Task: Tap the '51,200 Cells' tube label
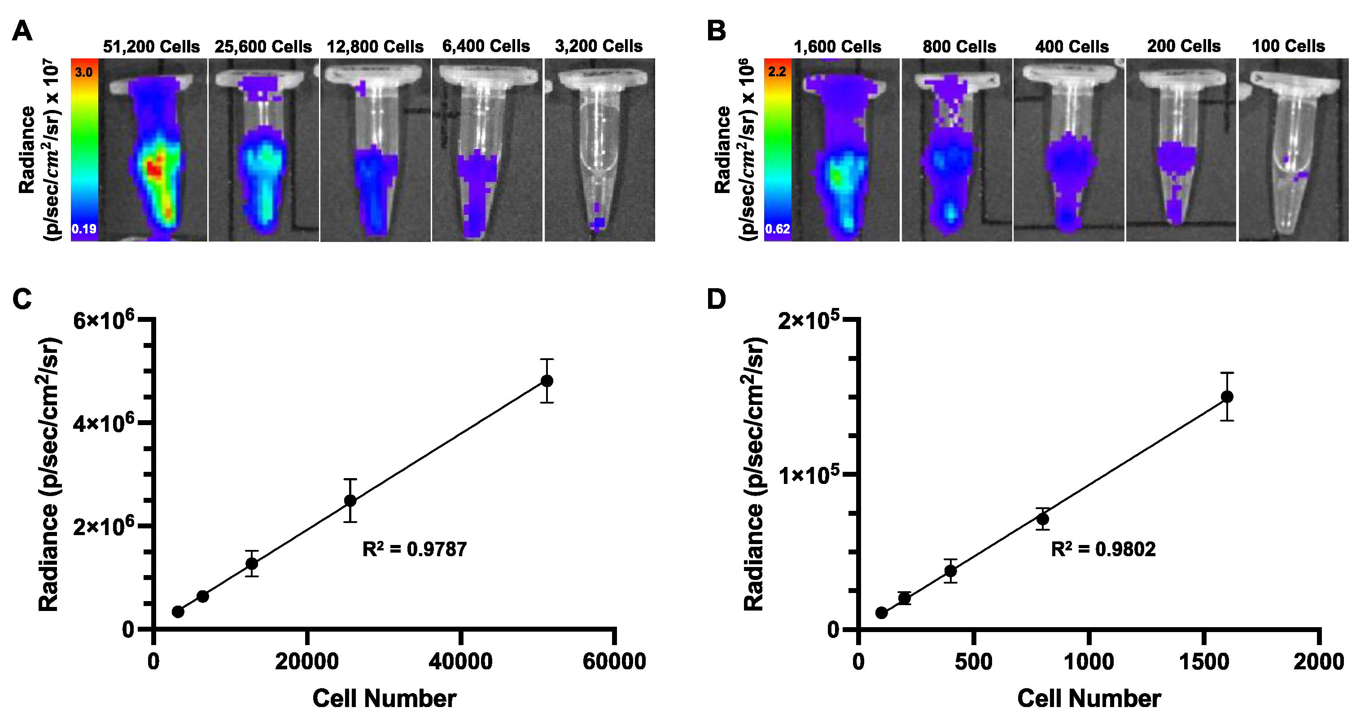point(152,47)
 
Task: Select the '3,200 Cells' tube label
point(599,46)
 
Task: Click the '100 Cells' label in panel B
point(1288,46)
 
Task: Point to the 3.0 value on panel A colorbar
point(84,72)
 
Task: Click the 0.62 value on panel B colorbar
point(777,229)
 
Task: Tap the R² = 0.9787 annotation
point(415,549)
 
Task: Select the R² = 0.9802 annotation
point(1103,549)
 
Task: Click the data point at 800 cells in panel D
point(1043,519)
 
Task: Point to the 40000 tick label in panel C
point(460,662)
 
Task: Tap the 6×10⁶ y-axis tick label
point(104,321)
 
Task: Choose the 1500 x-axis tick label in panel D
point(1204,662)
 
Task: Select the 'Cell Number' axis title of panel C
point(384,699)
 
